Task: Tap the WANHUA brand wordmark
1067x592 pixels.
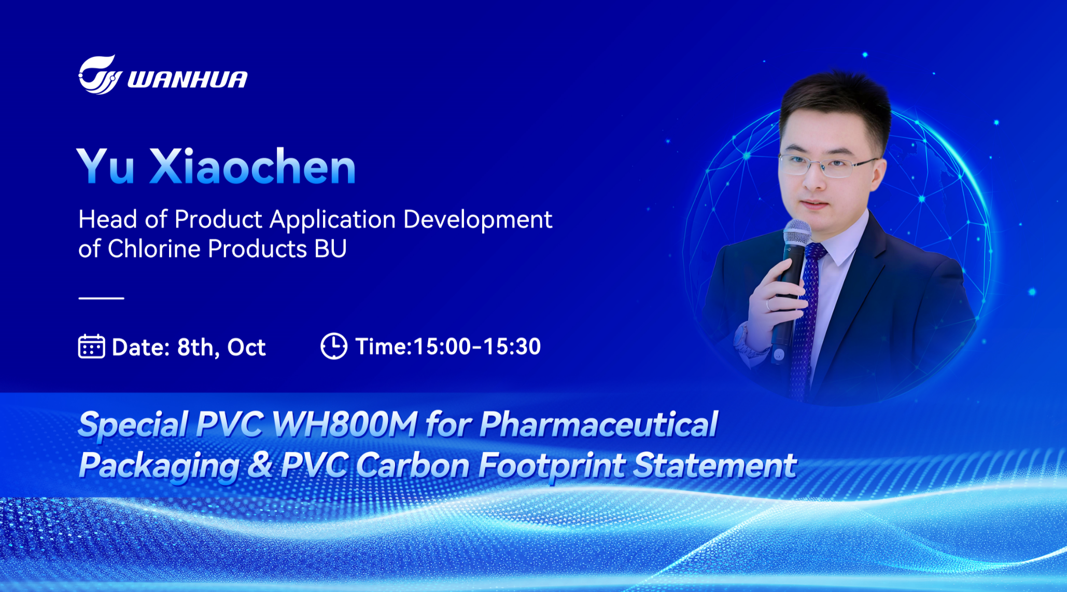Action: click(187, 79)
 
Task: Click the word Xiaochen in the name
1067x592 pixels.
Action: click(252, 167)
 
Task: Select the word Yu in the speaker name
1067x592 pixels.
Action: click(106, 167)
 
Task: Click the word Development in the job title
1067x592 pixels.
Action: click(478, 220)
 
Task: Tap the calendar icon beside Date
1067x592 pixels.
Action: click(91, 347)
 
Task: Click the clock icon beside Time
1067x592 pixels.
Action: click(334, 346)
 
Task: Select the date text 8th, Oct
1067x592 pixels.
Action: click(221, 347)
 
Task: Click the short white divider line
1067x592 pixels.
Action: click(101, 298)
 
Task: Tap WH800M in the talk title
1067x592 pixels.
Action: click(344, 424)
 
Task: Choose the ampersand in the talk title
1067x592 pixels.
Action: click(260, 464)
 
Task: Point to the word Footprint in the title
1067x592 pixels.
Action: click(551, 465)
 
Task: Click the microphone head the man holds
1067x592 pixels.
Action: click(796, 232)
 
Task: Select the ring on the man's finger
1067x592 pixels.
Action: click(768, 305)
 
